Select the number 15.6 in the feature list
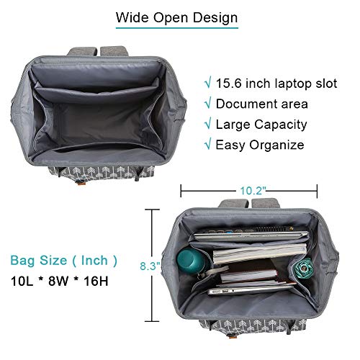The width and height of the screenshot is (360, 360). tap(228, 84)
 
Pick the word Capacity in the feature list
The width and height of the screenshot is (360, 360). tap(281, 125)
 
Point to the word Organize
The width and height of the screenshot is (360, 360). tap(276, 145)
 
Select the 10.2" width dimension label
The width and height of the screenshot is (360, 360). tap(253, 191)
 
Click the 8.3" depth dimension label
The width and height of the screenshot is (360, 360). tap(150, 266)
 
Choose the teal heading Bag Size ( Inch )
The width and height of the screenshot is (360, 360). tap(64, 261)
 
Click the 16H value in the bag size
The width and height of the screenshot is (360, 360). tap(96, 281)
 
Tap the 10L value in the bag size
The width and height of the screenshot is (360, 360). tap(22, 281)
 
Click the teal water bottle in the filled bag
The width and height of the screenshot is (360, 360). tap(192, 261)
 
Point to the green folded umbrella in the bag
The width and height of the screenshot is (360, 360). tap(305, 268)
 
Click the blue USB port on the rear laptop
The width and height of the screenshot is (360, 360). tap(230, 233)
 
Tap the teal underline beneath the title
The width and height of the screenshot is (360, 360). tap(177, 28)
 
